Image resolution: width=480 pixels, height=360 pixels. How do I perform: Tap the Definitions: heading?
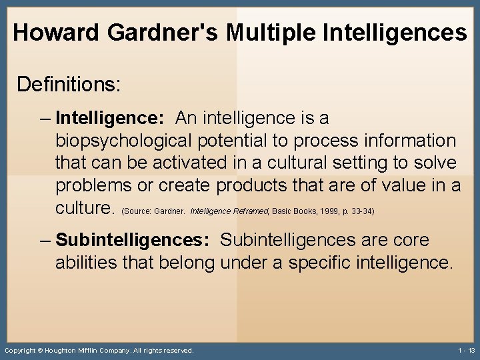[x=69, y=85]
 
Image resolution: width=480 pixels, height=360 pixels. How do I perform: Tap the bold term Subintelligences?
[x=133, y=240]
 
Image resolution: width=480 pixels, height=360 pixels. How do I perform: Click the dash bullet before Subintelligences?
[x=45, y=240]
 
